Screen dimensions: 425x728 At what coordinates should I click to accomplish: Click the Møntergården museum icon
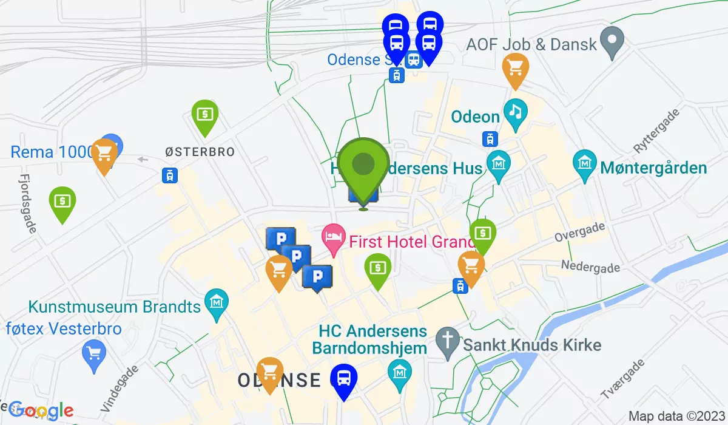(x=585, y=165)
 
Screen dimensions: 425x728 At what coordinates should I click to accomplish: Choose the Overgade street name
(x=579, y=232)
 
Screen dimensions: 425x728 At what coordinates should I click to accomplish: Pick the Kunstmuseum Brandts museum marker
(x=216, y=302)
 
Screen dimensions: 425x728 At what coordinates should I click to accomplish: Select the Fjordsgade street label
(x=28, y=204)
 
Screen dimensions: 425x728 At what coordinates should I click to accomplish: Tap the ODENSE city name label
(x=279, y=381)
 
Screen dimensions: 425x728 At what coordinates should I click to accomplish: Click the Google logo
(x=41, y=411)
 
